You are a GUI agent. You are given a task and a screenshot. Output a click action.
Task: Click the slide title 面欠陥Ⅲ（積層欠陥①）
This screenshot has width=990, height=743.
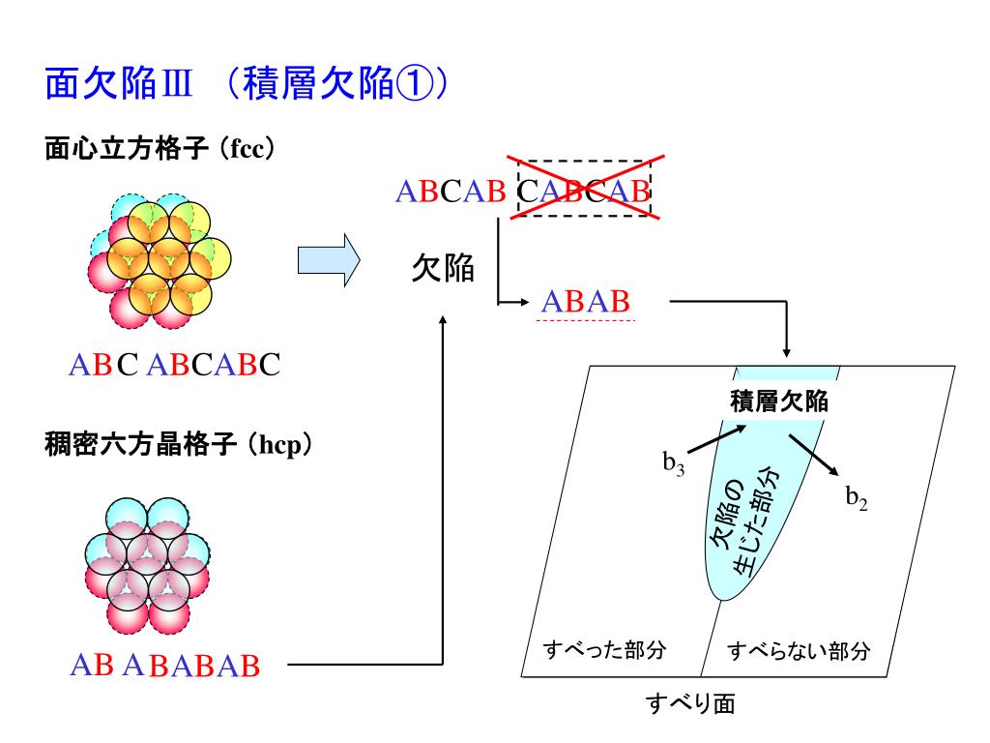click(247, 85)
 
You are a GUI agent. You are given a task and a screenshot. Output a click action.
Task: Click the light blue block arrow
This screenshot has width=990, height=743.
click(328, 260)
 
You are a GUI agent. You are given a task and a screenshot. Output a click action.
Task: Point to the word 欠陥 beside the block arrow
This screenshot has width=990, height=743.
click(443, 267)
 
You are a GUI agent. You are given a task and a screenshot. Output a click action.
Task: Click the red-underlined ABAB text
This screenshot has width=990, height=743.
click(586, 302)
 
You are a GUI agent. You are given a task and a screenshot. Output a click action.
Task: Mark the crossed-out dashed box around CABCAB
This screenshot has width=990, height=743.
click(584, 191)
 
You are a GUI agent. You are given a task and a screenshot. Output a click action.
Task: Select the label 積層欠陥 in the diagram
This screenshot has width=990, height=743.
click(779, 399)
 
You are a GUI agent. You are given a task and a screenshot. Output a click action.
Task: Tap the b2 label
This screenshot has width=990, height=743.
click(857, 499)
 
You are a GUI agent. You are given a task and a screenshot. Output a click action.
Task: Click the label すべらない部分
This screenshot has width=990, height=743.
click(800, 650)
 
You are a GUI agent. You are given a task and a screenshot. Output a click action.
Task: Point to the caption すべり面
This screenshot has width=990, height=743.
click(690, 703)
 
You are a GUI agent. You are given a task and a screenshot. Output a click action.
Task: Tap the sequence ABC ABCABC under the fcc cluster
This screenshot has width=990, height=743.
click(174, 365)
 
